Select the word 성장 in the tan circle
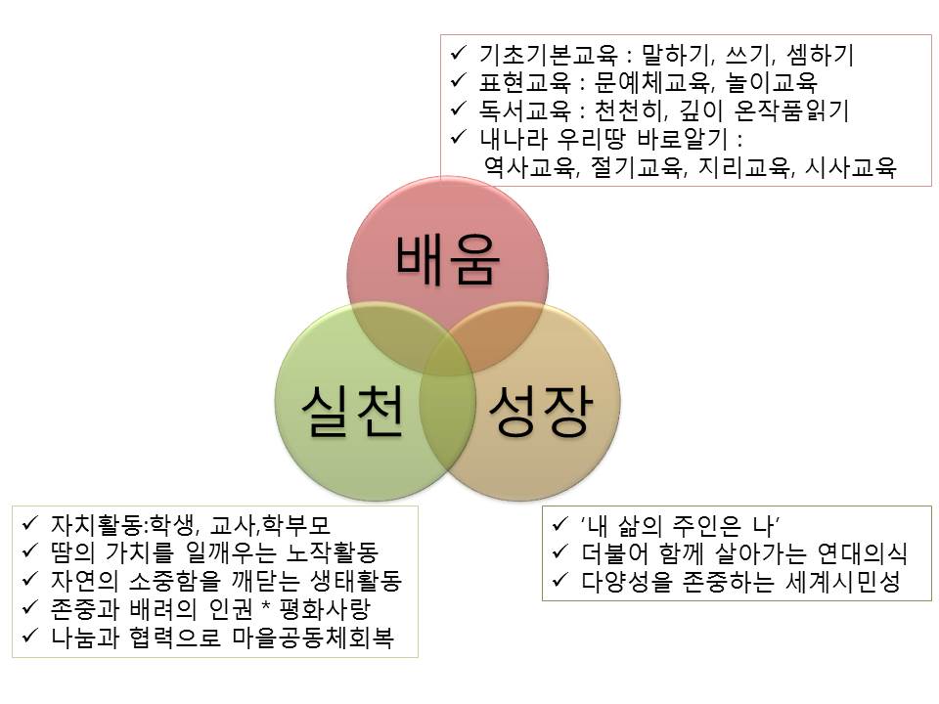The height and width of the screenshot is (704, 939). (x=539, y=412)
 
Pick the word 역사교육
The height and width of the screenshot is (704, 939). (x=523, y=167)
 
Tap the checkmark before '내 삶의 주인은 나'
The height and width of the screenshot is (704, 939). (x=559, y=524)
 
